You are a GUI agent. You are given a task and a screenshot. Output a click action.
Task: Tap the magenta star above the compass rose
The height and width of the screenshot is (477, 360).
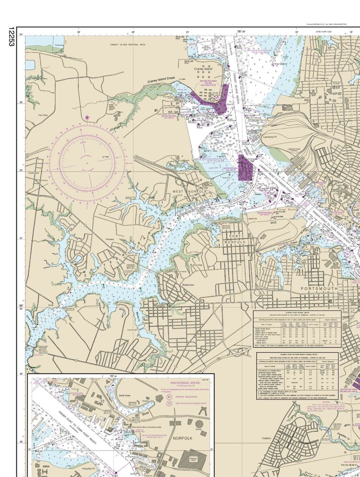(x=87, y=118)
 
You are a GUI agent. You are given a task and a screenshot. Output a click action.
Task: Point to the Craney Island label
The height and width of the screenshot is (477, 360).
(x=203, y=69)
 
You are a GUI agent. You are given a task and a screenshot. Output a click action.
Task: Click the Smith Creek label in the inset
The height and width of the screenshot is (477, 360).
(x=126, y=395)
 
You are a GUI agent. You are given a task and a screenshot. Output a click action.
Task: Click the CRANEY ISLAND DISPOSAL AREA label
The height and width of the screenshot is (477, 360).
(x=127, y=45)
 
